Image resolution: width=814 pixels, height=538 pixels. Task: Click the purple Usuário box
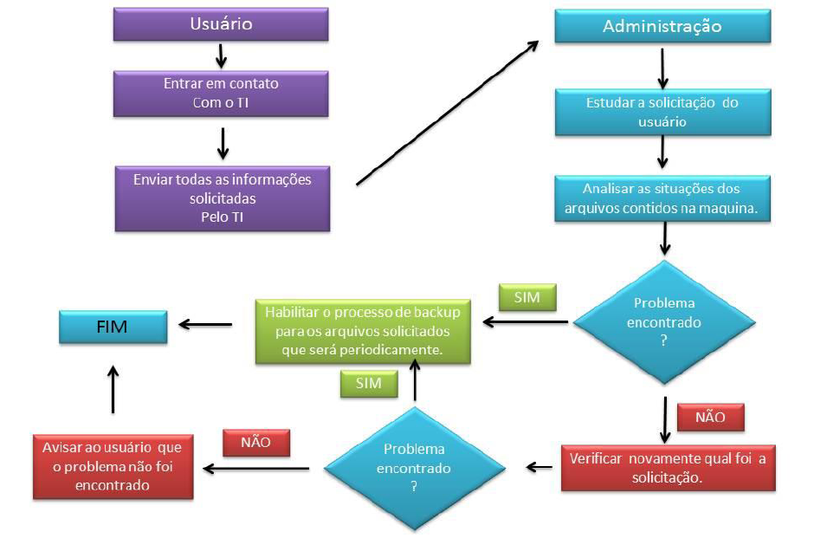point(221,24)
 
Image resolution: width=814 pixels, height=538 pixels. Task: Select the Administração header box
point(662,26)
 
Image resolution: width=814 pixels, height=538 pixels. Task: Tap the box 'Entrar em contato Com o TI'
point(221,94)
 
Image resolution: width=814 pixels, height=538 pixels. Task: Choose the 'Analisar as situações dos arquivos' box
point(662,198)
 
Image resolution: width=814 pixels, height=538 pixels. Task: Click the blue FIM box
point(113,327)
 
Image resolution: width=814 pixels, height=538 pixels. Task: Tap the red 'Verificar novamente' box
point(667,467)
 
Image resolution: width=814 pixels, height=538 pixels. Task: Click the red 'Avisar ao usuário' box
point(113,467)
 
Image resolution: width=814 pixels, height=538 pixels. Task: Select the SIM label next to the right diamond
point(527,298)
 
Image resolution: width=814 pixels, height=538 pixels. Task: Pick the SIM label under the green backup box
point(368,382)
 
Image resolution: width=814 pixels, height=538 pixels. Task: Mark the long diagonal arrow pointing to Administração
point(447,113)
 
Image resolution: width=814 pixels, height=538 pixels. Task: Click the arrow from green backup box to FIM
point(206,324)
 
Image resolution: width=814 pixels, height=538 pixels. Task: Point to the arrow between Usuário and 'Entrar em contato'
point(221,55)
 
